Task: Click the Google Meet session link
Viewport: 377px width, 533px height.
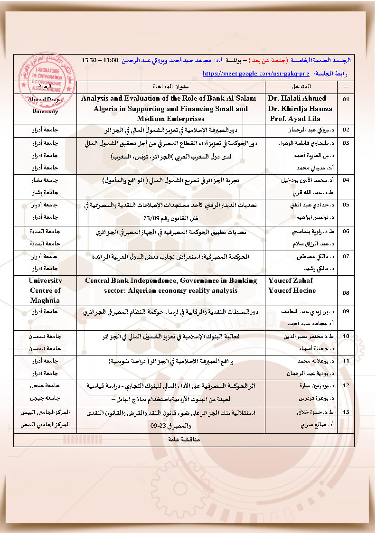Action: click(x=256, y=74)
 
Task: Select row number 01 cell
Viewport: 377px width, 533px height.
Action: click(x=346, y=99)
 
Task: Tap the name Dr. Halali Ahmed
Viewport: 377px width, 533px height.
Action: click(x=297, y=98)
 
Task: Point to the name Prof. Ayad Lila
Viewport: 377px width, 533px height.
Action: click(x=294, y=119)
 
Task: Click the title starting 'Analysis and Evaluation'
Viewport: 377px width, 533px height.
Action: click(x=171, y=98)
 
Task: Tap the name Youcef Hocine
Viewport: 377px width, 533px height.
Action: click(x=292, y=290)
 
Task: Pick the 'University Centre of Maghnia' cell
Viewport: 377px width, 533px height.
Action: click(x=45, y=290)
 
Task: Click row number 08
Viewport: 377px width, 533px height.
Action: click(x=346, y=293)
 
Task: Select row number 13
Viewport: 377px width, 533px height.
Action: click(x=346, y=412)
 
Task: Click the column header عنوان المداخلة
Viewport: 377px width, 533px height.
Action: click(x=171, y=87)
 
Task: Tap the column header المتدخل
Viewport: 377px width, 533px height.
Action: click(x=302, y=87)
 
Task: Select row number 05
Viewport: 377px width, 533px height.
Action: click(x=346, y=205)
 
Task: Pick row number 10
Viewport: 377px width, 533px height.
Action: click(x=346, y=336)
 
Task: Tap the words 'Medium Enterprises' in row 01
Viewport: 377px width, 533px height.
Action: click(x=170, y=119)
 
